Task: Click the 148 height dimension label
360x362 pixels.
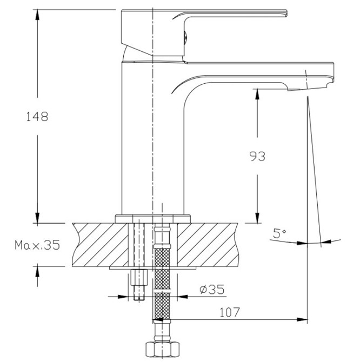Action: (x=37, y=117)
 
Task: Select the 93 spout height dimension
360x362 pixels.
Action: (x=257, y=156)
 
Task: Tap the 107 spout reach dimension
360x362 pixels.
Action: (x=230, y=312)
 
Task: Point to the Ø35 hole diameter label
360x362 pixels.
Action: (x=212, y=290)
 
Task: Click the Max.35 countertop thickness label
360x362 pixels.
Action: (x=37, y=245)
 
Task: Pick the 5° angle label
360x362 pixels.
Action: (x=279, y=233)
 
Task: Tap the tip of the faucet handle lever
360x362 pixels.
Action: (x=286, y=13)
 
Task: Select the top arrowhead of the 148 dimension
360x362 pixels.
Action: (x=37, y=16)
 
